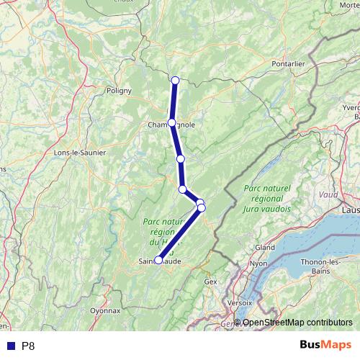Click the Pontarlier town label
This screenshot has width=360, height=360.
289,63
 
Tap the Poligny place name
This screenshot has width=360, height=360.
118,91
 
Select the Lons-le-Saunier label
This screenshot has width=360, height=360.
80,153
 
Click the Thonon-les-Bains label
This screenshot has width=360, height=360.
325,266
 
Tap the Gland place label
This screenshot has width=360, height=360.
265,247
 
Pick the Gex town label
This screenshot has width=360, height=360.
210,282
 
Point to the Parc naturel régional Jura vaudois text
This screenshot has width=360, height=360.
266,198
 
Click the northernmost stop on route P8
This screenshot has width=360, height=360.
175,79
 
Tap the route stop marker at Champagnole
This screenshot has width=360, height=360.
171,122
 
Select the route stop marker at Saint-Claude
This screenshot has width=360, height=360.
158,261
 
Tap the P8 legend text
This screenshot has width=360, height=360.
28,346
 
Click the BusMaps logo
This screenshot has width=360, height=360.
321,345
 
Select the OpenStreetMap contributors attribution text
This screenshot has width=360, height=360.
297,323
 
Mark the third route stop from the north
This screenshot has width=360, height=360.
181,158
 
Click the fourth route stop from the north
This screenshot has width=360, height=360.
183,189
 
